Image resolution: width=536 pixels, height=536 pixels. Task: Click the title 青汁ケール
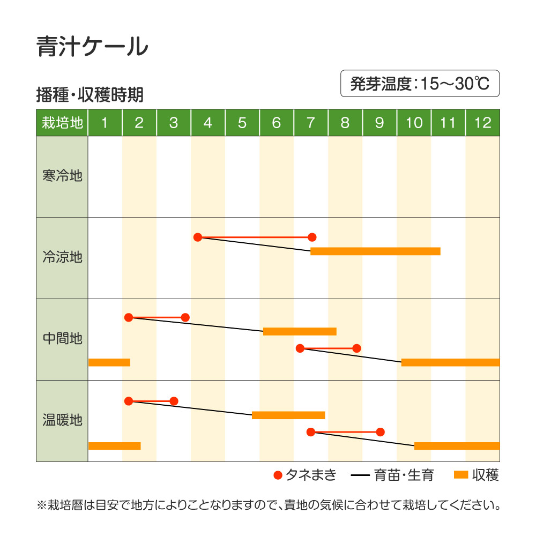tap(92, 47)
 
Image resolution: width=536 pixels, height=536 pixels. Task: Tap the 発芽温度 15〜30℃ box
tap(420, 84)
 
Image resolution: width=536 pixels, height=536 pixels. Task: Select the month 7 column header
tap(311, 123)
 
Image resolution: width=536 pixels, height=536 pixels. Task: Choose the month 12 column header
tap(483, 123)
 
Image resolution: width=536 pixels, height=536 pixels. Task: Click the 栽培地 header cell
tap(62, 123)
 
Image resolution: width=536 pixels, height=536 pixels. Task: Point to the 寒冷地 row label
tap(62, 176)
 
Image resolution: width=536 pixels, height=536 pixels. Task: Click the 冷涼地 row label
tap(62, 257)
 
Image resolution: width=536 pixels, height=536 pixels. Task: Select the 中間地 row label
tap(62, 338)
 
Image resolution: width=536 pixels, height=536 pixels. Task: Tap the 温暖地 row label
tap(62, 420)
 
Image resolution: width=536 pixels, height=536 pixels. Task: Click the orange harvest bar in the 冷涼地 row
tap(375, 251)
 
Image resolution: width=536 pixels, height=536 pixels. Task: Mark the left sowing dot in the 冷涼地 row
tap(198, 237)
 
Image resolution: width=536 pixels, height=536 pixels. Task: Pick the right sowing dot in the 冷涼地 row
tap(312, 237)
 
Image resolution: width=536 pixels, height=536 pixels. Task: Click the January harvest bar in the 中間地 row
tap(109, 362)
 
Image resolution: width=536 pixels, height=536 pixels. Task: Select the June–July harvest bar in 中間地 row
tap(300, 331)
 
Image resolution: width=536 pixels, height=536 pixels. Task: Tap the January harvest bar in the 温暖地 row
tap(115, 446)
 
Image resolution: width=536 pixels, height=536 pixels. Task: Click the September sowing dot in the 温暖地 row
tap(381, 432)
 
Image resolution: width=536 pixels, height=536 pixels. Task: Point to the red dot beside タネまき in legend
tap(278, 475)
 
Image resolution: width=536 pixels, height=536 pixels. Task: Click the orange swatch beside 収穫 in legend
tap(461, 475)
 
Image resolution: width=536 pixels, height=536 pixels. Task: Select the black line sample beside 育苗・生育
tap(360, 475)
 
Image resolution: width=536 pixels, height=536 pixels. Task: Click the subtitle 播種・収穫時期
tap(90, 95)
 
